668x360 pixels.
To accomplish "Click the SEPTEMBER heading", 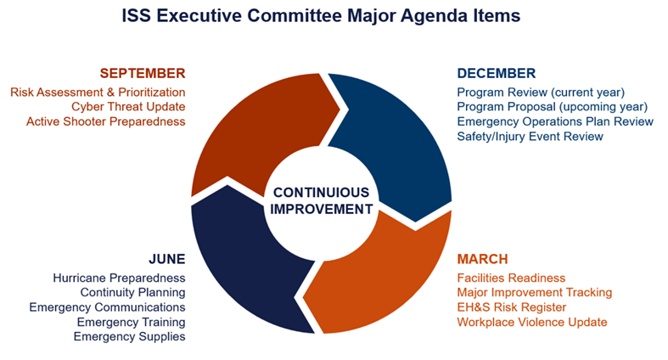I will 143,73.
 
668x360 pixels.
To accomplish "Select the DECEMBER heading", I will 497,73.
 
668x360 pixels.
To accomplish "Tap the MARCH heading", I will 482,259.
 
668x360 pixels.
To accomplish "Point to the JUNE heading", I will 166,259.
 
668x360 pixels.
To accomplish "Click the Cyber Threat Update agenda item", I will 128,106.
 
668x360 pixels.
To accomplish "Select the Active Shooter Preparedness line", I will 106,121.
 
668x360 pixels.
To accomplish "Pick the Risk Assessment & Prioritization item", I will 98,92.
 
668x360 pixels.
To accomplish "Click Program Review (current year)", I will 541,92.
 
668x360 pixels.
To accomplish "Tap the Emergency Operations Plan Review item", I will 555,121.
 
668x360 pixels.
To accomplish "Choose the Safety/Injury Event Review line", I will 530,136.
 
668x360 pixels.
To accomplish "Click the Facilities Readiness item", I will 511,278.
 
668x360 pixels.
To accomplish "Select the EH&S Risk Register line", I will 511,307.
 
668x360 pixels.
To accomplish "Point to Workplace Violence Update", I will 532,322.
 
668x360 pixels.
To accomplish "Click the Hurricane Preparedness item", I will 119,278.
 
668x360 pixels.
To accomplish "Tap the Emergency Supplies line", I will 129,336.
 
